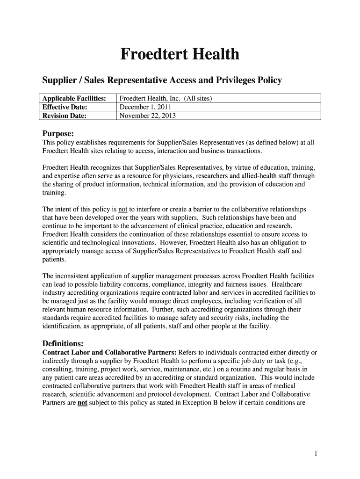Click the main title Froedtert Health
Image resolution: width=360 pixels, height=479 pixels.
(180, 55)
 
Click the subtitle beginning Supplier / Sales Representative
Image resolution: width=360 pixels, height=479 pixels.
(162, 80)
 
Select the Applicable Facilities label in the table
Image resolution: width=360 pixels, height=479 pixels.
(74, 98)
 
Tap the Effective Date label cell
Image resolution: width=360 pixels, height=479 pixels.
(65, 107)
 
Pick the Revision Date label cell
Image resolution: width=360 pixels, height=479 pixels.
(64, 115)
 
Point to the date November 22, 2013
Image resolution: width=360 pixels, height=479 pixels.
(148, 115)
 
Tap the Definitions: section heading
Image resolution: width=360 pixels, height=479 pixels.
(63, 343)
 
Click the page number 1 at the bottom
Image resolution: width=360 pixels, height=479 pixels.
(316, 454)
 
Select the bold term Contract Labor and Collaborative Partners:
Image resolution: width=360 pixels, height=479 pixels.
(107, 352)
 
